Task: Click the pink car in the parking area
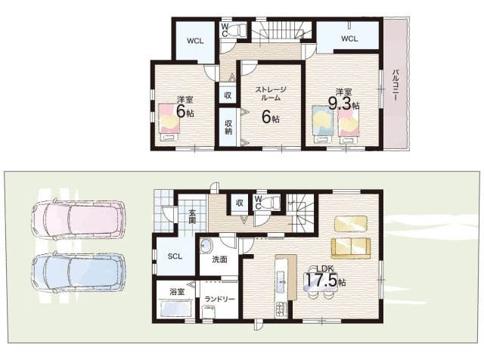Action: [x=79, y=219]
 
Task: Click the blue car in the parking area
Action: [x=79, y=273]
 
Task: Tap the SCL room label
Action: [x=175, y=256]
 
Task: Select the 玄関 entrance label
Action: [x=192, y=216]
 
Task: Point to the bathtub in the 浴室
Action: [x=176, y=308]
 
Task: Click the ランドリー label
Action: [x=219, y=299]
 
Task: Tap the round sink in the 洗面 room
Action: [x=206, y=247]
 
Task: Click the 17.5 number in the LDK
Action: [x=321, y=281]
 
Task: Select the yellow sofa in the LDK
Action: [x=351, y=248]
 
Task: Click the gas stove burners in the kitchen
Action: [x=282, y=309]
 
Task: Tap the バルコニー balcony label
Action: [x=395, y=85]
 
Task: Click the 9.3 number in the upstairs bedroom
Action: [x=340, y=104]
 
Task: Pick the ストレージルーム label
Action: [x=271, y=94]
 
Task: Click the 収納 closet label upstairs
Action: [x=228, y=127]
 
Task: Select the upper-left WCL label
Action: [x=195, y=41]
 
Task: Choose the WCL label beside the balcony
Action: [x=349, y=39]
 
